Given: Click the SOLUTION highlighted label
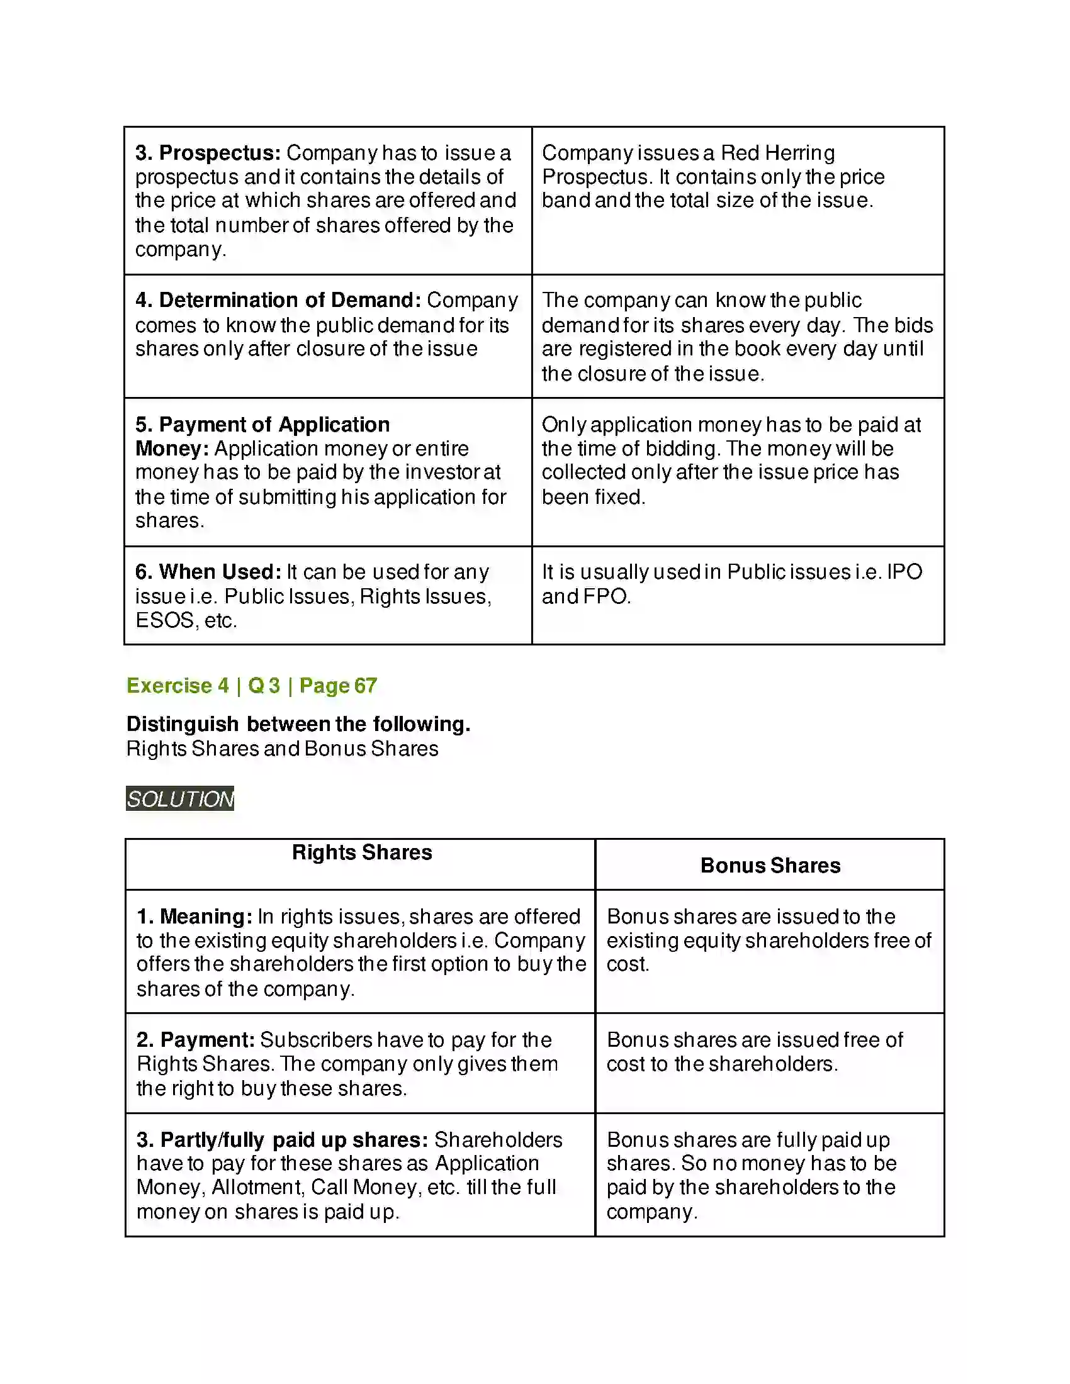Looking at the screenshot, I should pos(180,799).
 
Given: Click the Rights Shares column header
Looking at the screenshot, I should pos(361,853).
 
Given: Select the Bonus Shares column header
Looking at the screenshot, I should pos(770,866).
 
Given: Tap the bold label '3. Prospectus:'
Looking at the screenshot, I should pos(207,153).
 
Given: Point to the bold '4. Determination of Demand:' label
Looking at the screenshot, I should pos(278,300).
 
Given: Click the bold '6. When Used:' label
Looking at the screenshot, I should pos(207,572).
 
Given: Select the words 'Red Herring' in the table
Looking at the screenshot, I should pos(778,153).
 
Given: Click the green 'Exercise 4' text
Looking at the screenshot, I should pos(177,686).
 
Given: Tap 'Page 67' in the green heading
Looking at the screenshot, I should pos(338,686).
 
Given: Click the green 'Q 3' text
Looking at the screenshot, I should pos(264,686).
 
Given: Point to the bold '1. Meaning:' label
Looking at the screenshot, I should pos(194,917).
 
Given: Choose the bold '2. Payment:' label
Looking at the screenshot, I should pos(195,1040).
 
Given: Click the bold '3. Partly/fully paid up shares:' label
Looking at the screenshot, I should pos(282,1140).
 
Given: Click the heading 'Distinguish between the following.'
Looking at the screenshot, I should pos(298,724).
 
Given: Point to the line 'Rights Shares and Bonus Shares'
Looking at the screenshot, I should pos(282,749).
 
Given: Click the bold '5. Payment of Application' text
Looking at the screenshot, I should pos(262,425).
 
